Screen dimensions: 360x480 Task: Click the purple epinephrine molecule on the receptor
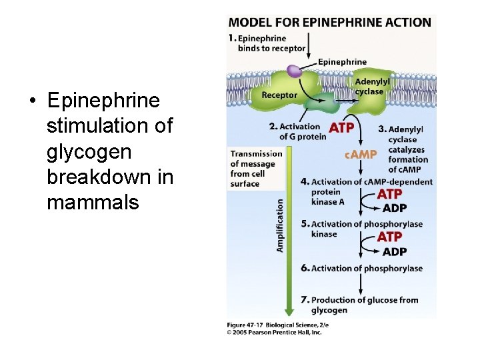tap(293, 70)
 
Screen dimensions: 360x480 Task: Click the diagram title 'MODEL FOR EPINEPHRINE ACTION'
tap(330, 22)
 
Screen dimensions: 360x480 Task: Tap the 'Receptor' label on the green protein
tap(279, 95)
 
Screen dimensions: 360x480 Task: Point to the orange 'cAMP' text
tap(361, 155)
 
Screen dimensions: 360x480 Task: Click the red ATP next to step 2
tap(342, 127)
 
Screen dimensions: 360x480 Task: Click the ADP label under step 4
tap(395, 208)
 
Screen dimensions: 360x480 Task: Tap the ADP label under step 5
tap(395, 251)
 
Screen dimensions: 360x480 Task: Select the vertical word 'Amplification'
tap(280, 225)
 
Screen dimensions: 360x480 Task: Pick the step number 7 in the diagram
tap(305, 300)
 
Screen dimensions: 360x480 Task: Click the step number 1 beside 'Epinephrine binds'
tap(233, 38)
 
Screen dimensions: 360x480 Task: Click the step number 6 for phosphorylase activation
tap(305, 268)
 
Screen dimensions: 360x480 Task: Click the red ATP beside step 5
tap(390, 237)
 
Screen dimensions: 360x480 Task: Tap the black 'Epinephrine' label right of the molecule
tap(343, 62)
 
